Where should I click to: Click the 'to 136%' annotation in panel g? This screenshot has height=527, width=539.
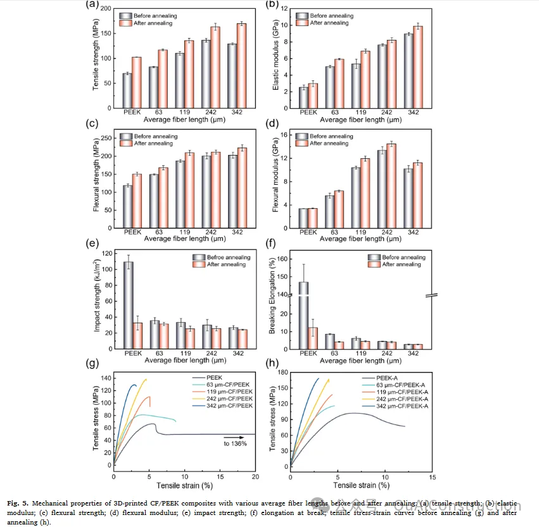[236, 443]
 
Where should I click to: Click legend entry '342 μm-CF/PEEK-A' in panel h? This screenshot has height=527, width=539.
[406, 406]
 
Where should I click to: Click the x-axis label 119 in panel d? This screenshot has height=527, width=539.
[360, 232]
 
